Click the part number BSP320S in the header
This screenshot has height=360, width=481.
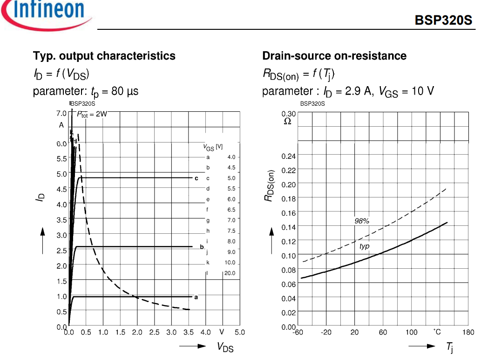click(443, 20)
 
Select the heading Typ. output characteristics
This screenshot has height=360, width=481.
click(104, 56)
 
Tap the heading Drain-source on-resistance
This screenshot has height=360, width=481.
click(334, 56)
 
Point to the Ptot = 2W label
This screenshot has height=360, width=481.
click(92, 114)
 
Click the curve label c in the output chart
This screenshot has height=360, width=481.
click(196, 178)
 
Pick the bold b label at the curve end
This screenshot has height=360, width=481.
click(202, 247)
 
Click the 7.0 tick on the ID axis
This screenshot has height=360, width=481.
click(61, 113)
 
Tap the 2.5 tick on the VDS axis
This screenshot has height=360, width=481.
click(154, 333)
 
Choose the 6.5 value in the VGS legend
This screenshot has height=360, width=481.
click(231, 210)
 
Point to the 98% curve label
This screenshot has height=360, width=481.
click(362, 221)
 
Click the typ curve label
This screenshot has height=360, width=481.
click(365, 246)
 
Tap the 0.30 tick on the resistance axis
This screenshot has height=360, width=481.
click(288, 114)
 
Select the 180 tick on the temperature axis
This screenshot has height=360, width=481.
click(468, 333)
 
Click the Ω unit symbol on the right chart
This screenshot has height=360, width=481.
click(287, 122)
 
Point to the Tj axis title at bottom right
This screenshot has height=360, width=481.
click(450, 347)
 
